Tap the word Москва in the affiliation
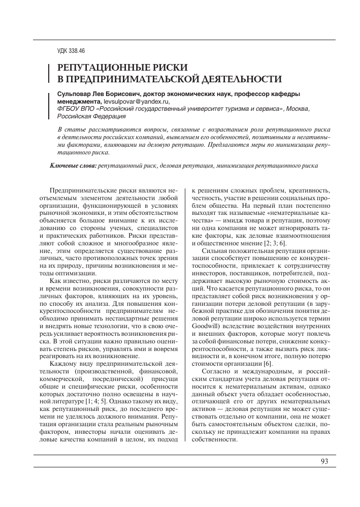click(297, 108)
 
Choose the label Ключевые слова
click(73, 166)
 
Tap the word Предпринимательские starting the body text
click(81, 189)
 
